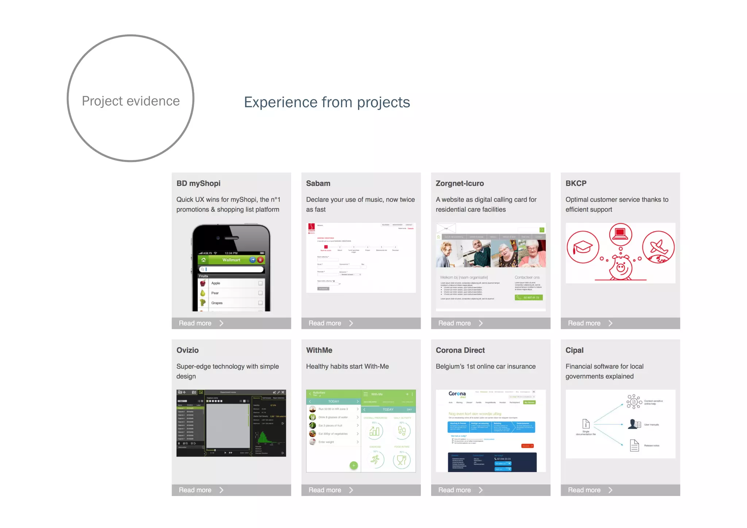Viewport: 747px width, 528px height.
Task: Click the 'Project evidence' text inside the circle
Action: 131,101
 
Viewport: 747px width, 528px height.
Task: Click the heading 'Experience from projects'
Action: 327,102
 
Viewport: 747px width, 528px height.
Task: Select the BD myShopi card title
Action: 198,183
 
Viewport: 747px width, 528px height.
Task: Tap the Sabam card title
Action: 318,183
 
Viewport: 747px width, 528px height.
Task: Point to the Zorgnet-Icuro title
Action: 460,183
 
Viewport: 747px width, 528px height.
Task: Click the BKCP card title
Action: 576,183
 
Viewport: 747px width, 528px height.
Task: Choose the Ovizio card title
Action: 187,350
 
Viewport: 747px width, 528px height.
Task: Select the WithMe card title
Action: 319,350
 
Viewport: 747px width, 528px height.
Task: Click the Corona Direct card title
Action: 460,350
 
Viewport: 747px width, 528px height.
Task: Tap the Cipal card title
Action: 574,350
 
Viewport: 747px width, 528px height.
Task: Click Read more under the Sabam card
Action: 330,323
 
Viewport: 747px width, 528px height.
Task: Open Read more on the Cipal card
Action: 589,490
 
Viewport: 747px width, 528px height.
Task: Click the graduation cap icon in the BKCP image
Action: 583,247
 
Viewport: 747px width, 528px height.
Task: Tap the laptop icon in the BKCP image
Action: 620,233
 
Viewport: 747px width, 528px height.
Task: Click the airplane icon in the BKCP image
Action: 658,247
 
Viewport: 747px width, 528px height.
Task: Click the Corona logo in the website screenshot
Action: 457,394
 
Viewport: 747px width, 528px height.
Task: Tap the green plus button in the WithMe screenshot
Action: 353,465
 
